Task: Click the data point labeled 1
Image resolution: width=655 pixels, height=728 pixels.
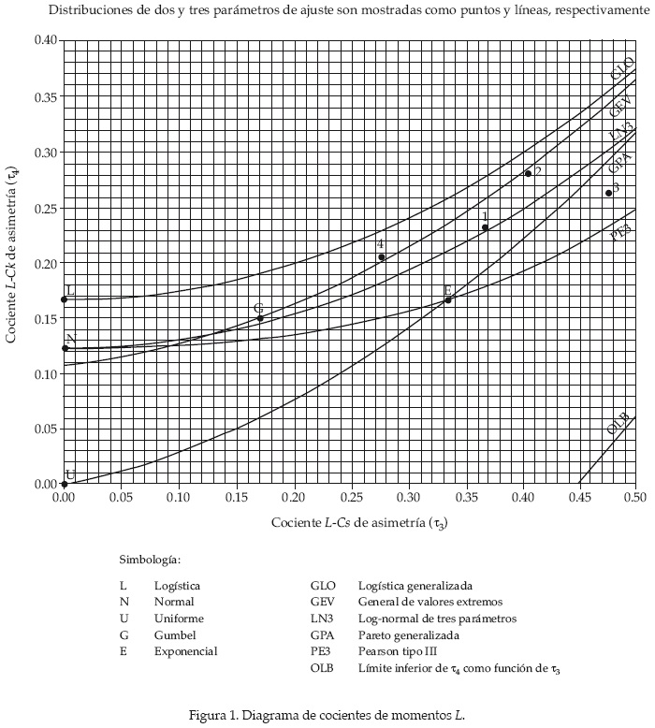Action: point(485,227)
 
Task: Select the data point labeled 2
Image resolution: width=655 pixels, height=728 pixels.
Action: point(528,173)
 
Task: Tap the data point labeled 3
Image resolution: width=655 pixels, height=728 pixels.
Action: point(609,193)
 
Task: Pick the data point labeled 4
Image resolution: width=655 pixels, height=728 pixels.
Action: point(382,257)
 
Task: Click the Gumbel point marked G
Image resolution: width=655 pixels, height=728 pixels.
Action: point(259,318)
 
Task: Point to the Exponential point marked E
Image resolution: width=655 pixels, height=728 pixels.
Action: point(448,299)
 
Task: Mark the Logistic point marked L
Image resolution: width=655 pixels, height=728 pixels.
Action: point(64,299)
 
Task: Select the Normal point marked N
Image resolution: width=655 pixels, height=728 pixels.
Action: point(64,348)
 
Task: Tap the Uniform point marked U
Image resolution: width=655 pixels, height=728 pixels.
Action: point(64,484)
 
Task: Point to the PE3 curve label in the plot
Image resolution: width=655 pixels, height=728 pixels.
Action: point(620,232)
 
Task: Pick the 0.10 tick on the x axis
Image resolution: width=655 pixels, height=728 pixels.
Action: point(178,497)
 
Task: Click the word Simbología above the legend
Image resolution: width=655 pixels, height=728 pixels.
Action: point(149,560)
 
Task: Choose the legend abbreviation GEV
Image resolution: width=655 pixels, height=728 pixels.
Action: point(323,602)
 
